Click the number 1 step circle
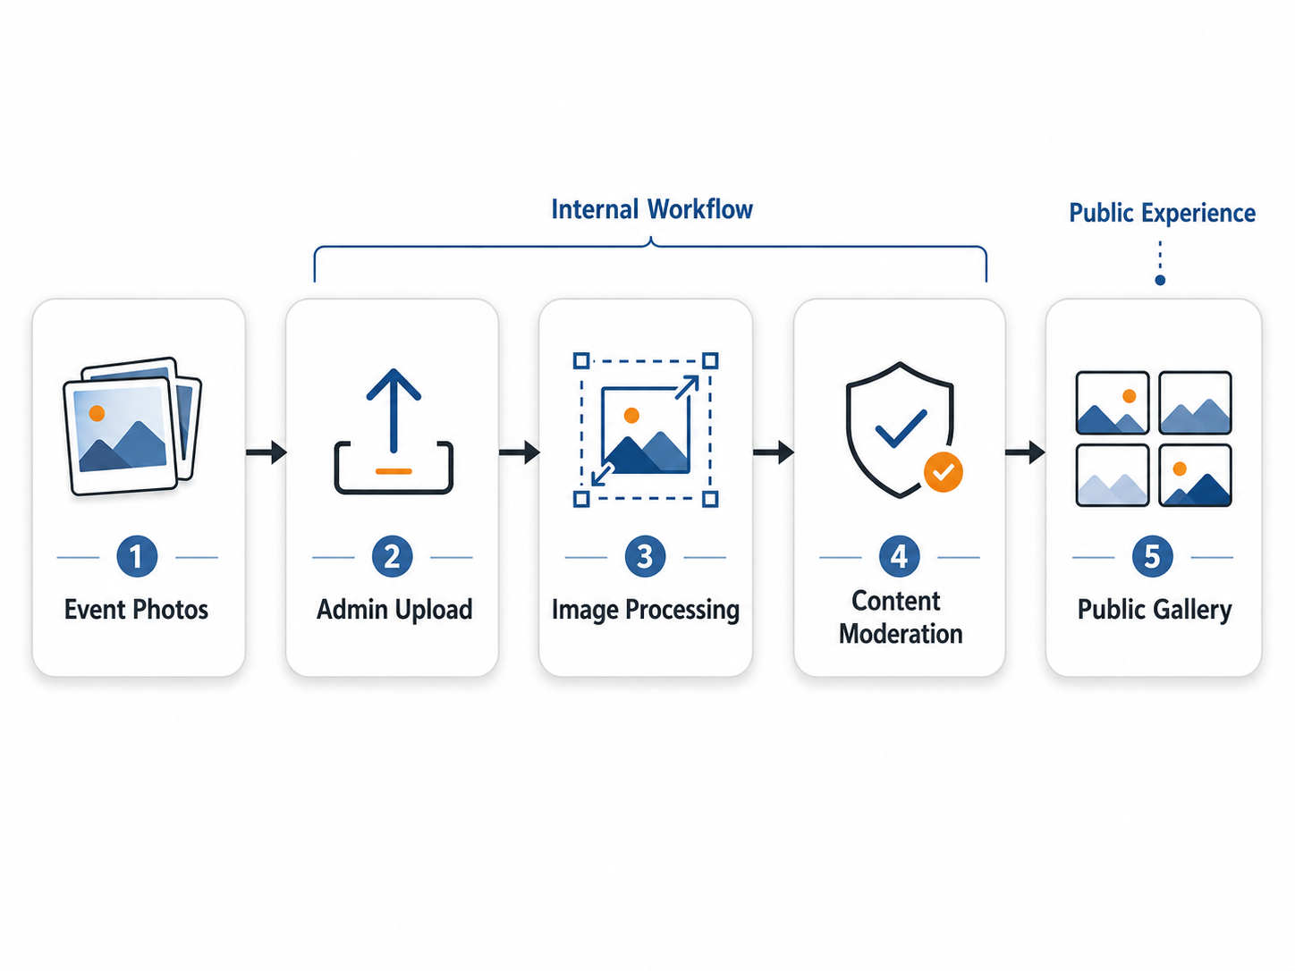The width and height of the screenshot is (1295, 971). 137,556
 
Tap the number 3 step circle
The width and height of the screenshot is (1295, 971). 645,556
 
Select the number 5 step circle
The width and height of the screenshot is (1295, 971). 1152,556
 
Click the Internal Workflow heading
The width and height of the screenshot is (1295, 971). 651,209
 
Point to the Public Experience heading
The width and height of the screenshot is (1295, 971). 1163,213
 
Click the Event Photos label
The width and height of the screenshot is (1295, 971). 136,610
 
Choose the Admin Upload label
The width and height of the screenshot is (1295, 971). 394,610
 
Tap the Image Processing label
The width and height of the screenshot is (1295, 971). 646,610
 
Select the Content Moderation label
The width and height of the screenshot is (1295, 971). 901,618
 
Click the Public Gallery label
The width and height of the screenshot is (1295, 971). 1155,610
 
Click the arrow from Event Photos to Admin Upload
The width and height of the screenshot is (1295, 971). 267,452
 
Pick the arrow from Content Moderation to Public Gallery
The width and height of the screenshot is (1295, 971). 1026,452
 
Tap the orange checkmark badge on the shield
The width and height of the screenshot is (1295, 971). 943,472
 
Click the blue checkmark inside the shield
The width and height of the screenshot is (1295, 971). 901,428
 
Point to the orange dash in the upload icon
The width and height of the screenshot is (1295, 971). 394,471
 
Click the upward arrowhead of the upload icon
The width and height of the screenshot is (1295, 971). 394,384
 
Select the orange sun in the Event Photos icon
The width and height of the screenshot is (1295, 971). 97,413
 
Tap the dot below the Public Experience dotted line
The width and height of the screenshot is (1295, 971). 1160,280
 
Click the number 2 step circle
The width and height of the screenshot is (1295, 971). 393,556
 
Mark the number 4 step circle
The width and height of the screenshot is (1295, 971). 899,556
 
